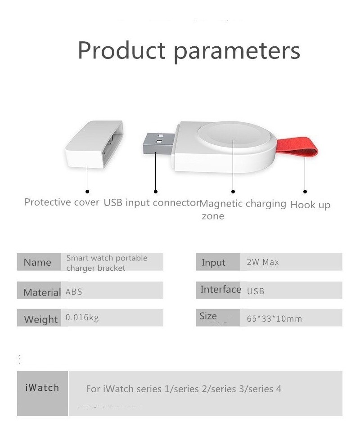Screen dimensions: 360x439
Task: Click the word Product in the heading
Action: (121, 50)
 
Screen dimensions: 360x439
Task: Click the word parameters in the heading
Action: (237, 52)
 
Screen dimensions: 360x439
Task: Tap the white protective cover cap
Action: (94, 144)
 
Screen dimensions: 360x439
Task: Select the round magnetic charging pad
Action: (234, 135)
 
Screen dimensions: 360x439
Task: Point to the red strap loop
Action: (297, 147)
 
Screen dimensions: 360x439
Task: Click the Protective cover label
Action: (62, 202)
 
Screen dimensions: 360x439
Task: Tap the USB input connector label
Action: (151, 202)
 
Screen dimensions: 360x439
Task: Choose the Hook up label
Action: (310, 205)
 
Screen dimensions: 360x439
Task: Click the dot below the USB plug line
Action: (156, 192)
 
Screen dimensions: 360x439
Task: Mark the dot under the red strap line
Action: (305, 192)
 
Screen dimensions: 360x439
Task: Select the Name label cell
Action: (39, 262)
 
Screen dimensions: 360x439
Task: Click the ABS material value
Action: (74, 292)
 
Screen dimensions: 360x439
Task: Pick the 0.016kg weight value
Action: (82, 318)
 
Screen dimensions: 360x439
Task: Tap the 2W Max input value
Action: (263, 262)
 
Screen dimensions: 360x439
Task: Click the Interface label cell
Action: (218, 290)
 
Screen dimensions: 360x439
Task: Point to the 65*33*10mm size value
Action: (274, 318)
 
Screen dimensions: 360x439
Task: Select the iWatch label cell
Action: (42, 394)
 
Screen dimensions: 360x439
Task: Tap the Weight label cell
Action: (39, 318)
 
